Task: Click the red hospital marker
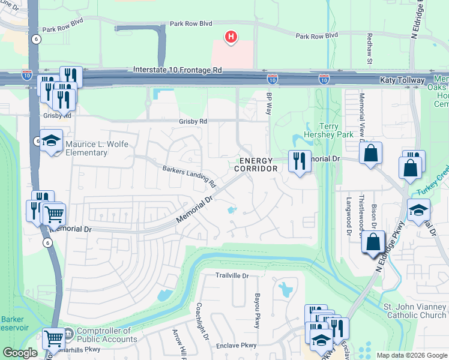[231, 38]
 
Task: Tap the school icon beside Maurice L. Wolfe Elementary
[52, 141]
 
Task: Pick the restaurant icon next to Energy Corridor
[298, 161]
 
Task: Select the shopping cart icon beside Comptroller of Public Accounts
[54, 338]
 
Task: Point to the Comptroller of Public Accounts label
[103, 334]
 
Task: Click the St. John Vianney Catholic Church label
[415, 311]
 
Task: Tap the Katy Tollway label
[402, 80]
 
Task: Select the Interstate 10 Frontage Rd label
[178, 70]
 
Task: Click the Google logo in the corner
[20, 353]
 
